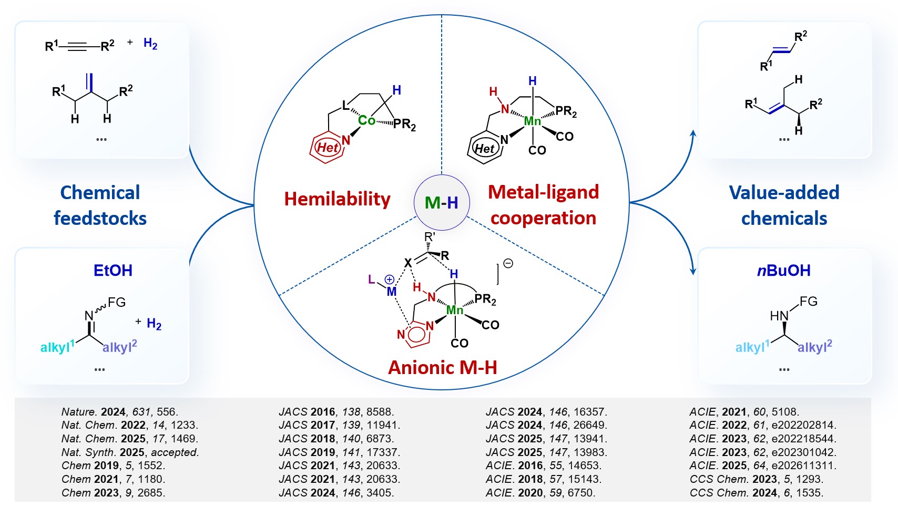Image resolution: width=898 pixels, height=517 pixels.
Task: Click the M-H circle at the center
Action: coord(442,202)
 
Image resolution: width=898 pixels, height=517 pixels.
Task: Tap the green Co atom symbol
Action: coord(366,120)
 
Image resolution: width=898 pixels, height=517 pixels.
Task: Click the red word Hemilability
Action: coord(337,199)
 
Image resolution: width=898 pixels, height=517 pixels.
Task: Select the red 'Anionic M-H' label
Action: coord(442,367)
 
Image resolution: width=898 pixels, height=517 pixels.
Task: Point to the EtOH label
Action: coord(113,270)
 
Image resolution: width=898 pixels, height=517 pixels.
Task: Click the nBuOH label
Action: coord(783,270)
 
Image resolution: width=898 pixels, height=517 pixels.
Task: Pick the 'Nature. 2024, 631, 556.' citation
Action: coord(120,412)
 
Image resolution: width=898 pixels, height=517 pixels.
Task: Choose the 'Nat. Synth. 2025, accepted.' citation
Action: coord(130,452)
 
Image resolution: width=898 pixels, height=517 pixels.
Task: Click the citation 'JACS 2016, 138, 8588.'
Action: coord(336,412)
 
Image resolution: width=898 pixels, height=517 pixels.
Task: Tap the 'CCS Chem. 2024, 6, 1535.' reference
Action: coord(756,493)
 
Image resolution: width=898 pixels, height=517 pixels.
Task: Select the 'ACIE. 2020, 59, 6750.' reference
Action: coord(540,493)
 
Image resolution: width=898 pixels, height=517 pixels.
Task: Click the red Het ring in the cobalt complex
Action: coord(327,148)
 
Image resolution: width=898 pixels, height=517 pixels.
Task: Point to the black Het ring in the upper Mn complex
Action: coord(484,149)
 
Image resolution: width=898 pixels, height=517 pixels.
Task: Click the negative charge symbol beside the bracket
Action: coord(508,263)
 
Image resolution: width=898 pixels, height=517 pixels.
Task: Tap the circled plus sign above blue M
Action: coord(390,280)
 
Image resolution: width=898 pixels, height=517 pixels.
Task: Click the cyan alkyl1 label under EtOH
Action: coord(57,347)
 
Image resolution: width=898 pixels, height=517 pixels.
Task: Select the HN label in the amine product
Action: coord(779,316)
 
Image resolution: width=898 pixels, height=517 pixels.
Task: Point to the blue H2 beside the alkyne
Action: coord(150,44)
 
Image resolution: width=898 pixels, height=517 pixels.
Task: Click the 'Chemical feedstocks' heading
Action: coord(100,205)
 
